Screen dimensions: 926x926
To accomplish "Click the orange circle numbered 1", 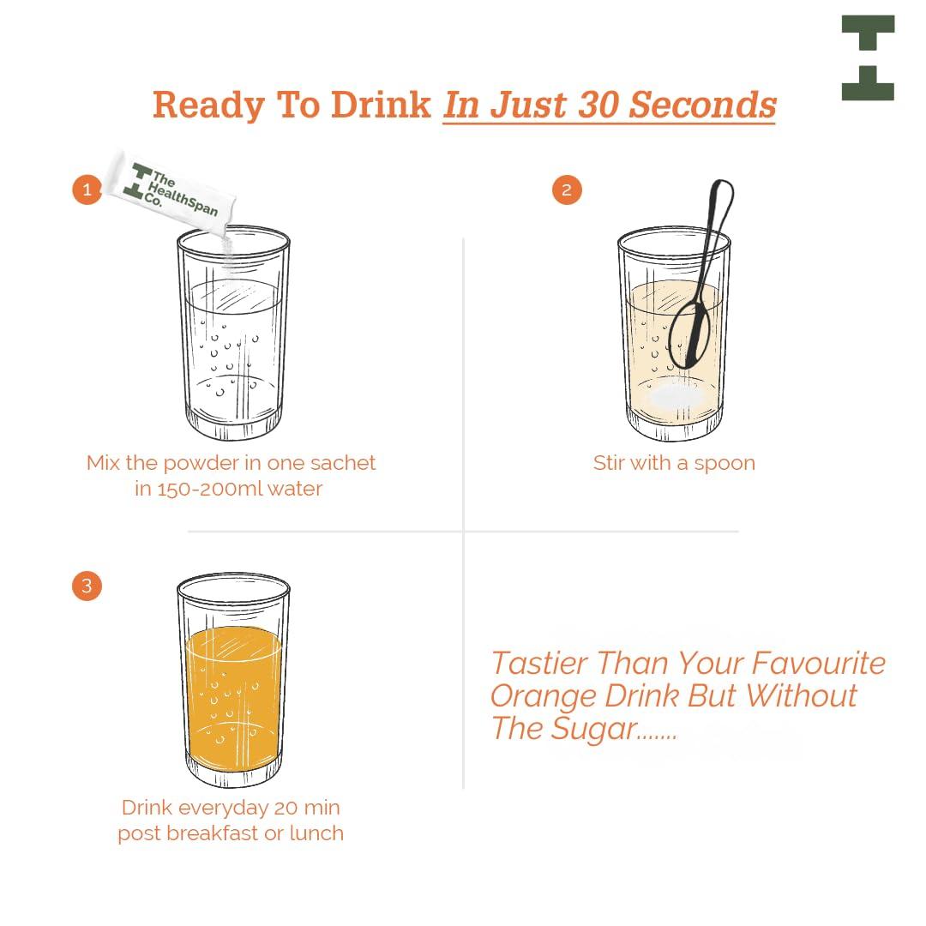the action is point(87,189).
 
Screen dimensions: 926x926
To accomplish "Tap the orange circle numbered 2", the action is point(567,189).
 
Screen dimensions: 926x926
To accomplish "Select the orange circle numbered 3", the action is point(87,586).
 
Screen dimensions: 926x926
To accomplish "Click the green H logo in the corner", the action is point(868,58).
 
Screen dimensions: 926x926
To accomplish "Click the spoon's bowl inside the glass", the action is point(688,335).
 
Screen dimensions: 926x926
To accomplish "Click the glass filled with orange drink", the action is point(234,680).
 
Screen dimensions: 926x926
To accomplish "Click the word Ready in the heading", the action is point(208,105).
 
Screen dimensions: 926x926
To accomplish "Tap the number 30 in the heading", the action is point(598,105).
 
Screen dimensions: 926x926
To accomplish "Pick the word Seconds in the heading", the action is point(702,105).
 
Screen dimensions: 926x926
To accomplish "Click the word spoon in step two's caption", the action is point(725,464).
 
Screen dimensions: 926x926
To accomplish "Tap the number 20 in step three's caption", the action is point(286,808).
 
